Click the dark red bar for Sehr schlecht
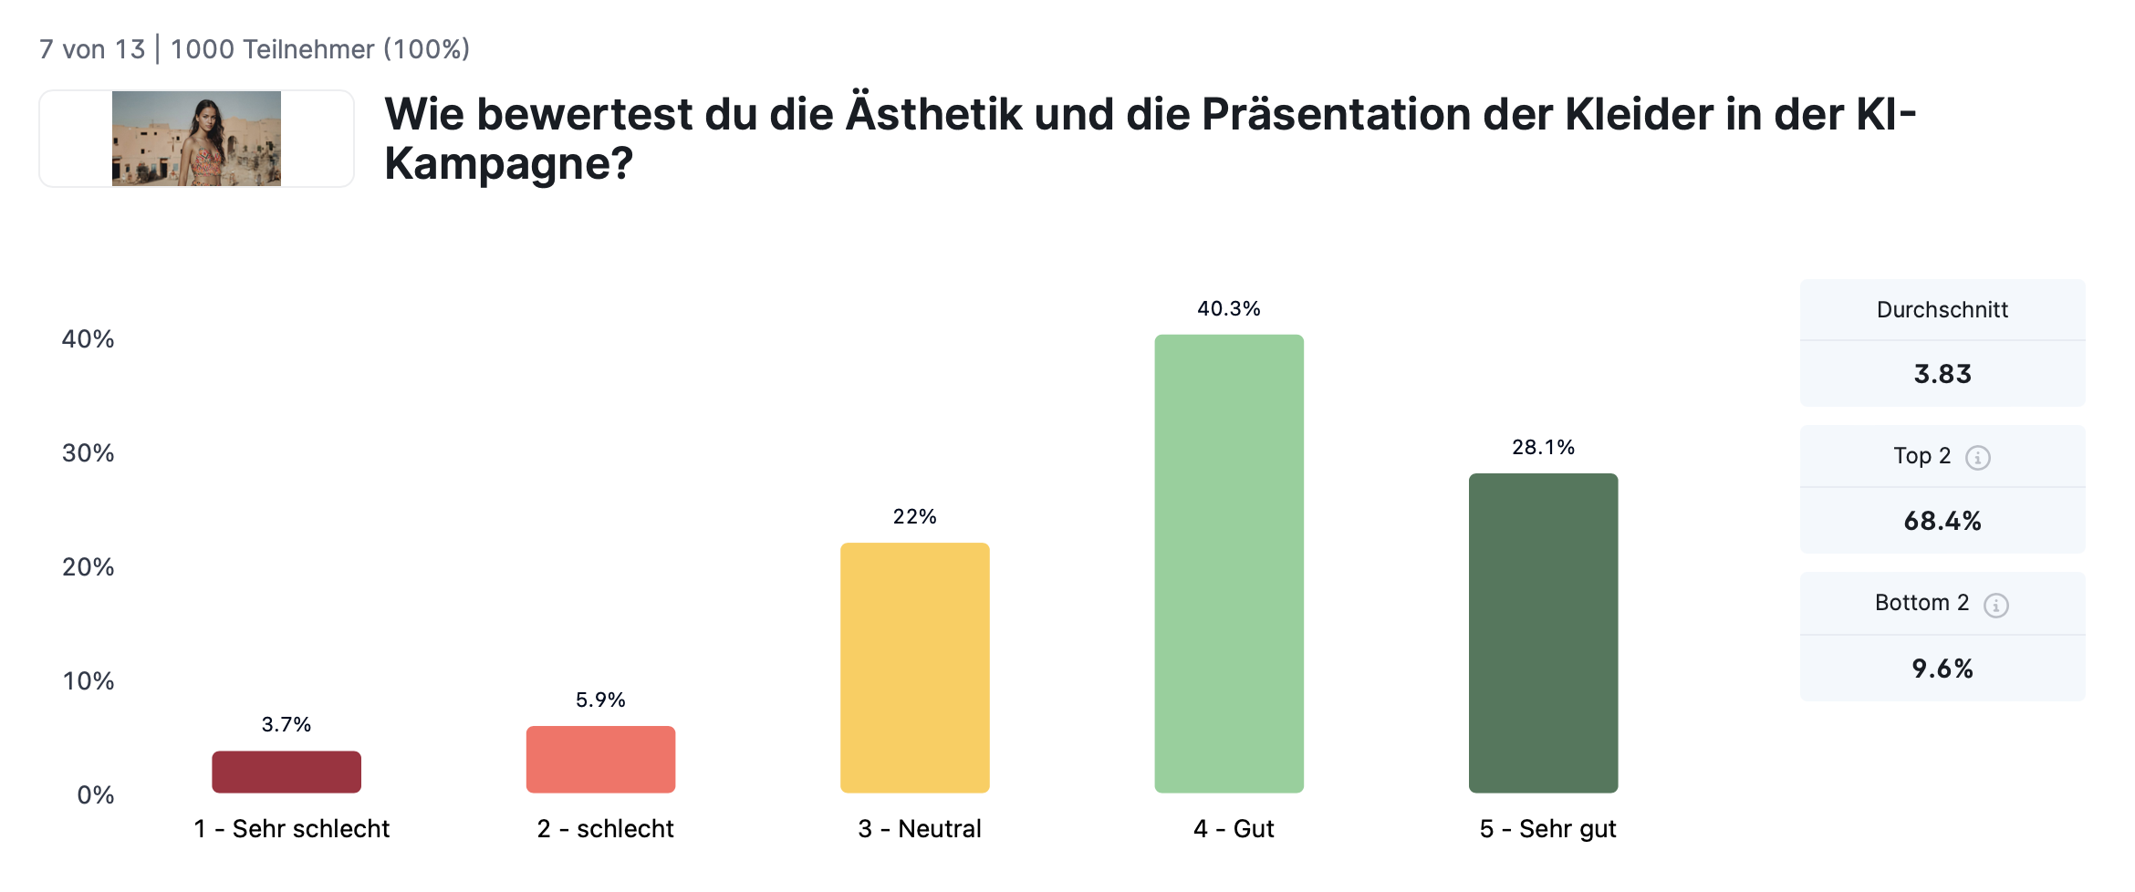pos(286,772)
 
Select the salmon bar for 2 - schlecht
pos(600,759)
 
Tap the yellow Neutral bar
pos(914,668)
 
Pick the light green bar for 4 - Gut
pos(1228,564)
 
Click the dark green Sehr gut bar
pos(1543,633)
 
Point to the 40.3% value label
pos(1228,309)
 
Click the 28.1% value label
pos(1543,448)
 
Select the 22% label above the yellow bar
pos(914,517)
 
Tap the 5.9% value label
pos(600,700)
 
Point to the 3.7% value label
pos(286,725)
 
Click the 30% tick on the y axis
pos(88,453)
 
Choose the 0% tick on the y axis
pos(95,795)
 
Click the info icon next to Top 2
pos(1977,458)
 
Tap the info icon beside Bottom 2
pos(1995,606)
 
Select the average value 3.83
pos(1942,374)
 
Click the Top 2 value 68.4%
pos(1942,522)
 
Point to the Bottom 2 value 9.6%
pos(1942,669)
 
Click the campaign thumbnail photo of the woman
pos(196,139)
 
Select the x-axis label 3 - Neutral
pos(920,829)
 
